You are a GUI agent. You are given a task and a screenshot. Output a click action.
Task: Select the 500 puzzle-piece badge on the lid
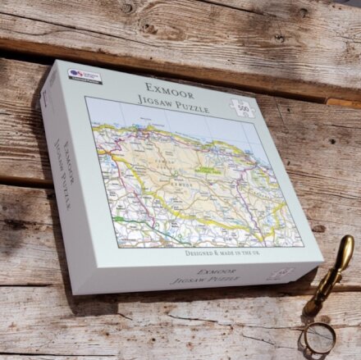point(244,108)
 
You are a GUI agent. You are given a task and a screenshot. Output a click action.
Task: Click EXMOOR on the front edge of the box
point(216,271)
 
